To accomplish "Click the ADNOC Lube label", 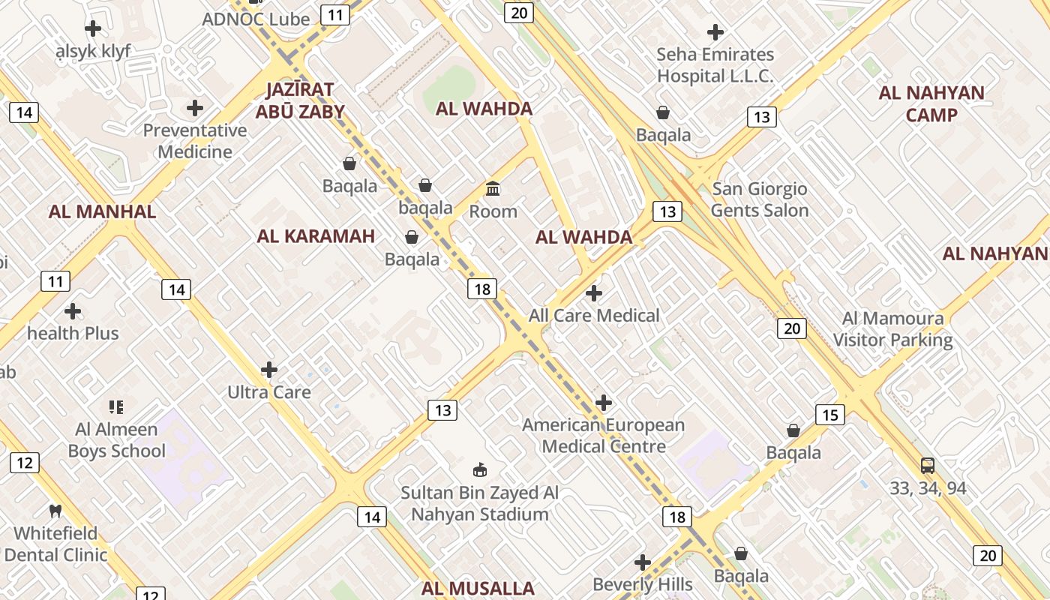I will pyautogui.click(x=256, y=19).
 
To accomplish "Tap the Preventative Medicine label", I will pyautogui.click(x=195, y=141).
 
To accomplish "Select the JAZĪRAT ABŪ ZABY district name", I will pyautogui.click(x=300, y=100).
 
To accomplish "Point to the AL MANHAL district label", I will pyautogui.click(x=102, y=211).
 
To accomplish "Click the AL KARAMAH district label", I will pyautogui.click(x=316, y=236).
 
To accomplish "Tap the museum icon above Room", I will pyautogui.click(x=493, y=188).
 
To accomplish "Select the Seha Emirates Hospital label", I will pyautogui.click(x=715, y=65).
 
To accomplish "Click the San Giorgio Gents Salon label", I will pyautogui.click(x=760, y=199).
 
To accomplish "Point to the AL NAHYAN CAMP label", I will pyautogui.click(x=931, y=103).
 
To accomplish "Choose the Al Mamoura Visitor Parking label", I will pyautogui.click(x=892, y=329).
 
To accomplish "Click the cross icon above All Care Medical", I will pyautogui.click(x=594, y=292).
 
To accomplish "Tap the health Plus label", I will pyautogui.click(x=73, y=333).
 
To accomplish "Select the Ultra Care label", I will pyautogui.click(x=269, y=391).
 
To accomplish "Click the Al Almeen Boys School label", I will pyautogui.click(x=116, y=440).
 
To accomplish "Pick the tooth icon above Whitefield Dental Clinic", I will pyautogui.click(x=55, y=511).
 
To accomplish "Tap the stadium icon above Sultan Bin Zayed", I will pyautogui.click(x=479, y=470).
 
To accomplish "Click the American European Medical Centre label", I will pyautogui.click(x=603, y=436).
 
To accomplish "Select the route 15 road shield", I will pyautogui.click(x=830, y=415).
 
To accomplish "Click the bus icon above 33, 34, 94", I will pyautogui.click(x=928, y=465).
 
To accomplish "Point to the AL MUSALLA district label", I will pyautogui.click(x=478, y=589).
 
